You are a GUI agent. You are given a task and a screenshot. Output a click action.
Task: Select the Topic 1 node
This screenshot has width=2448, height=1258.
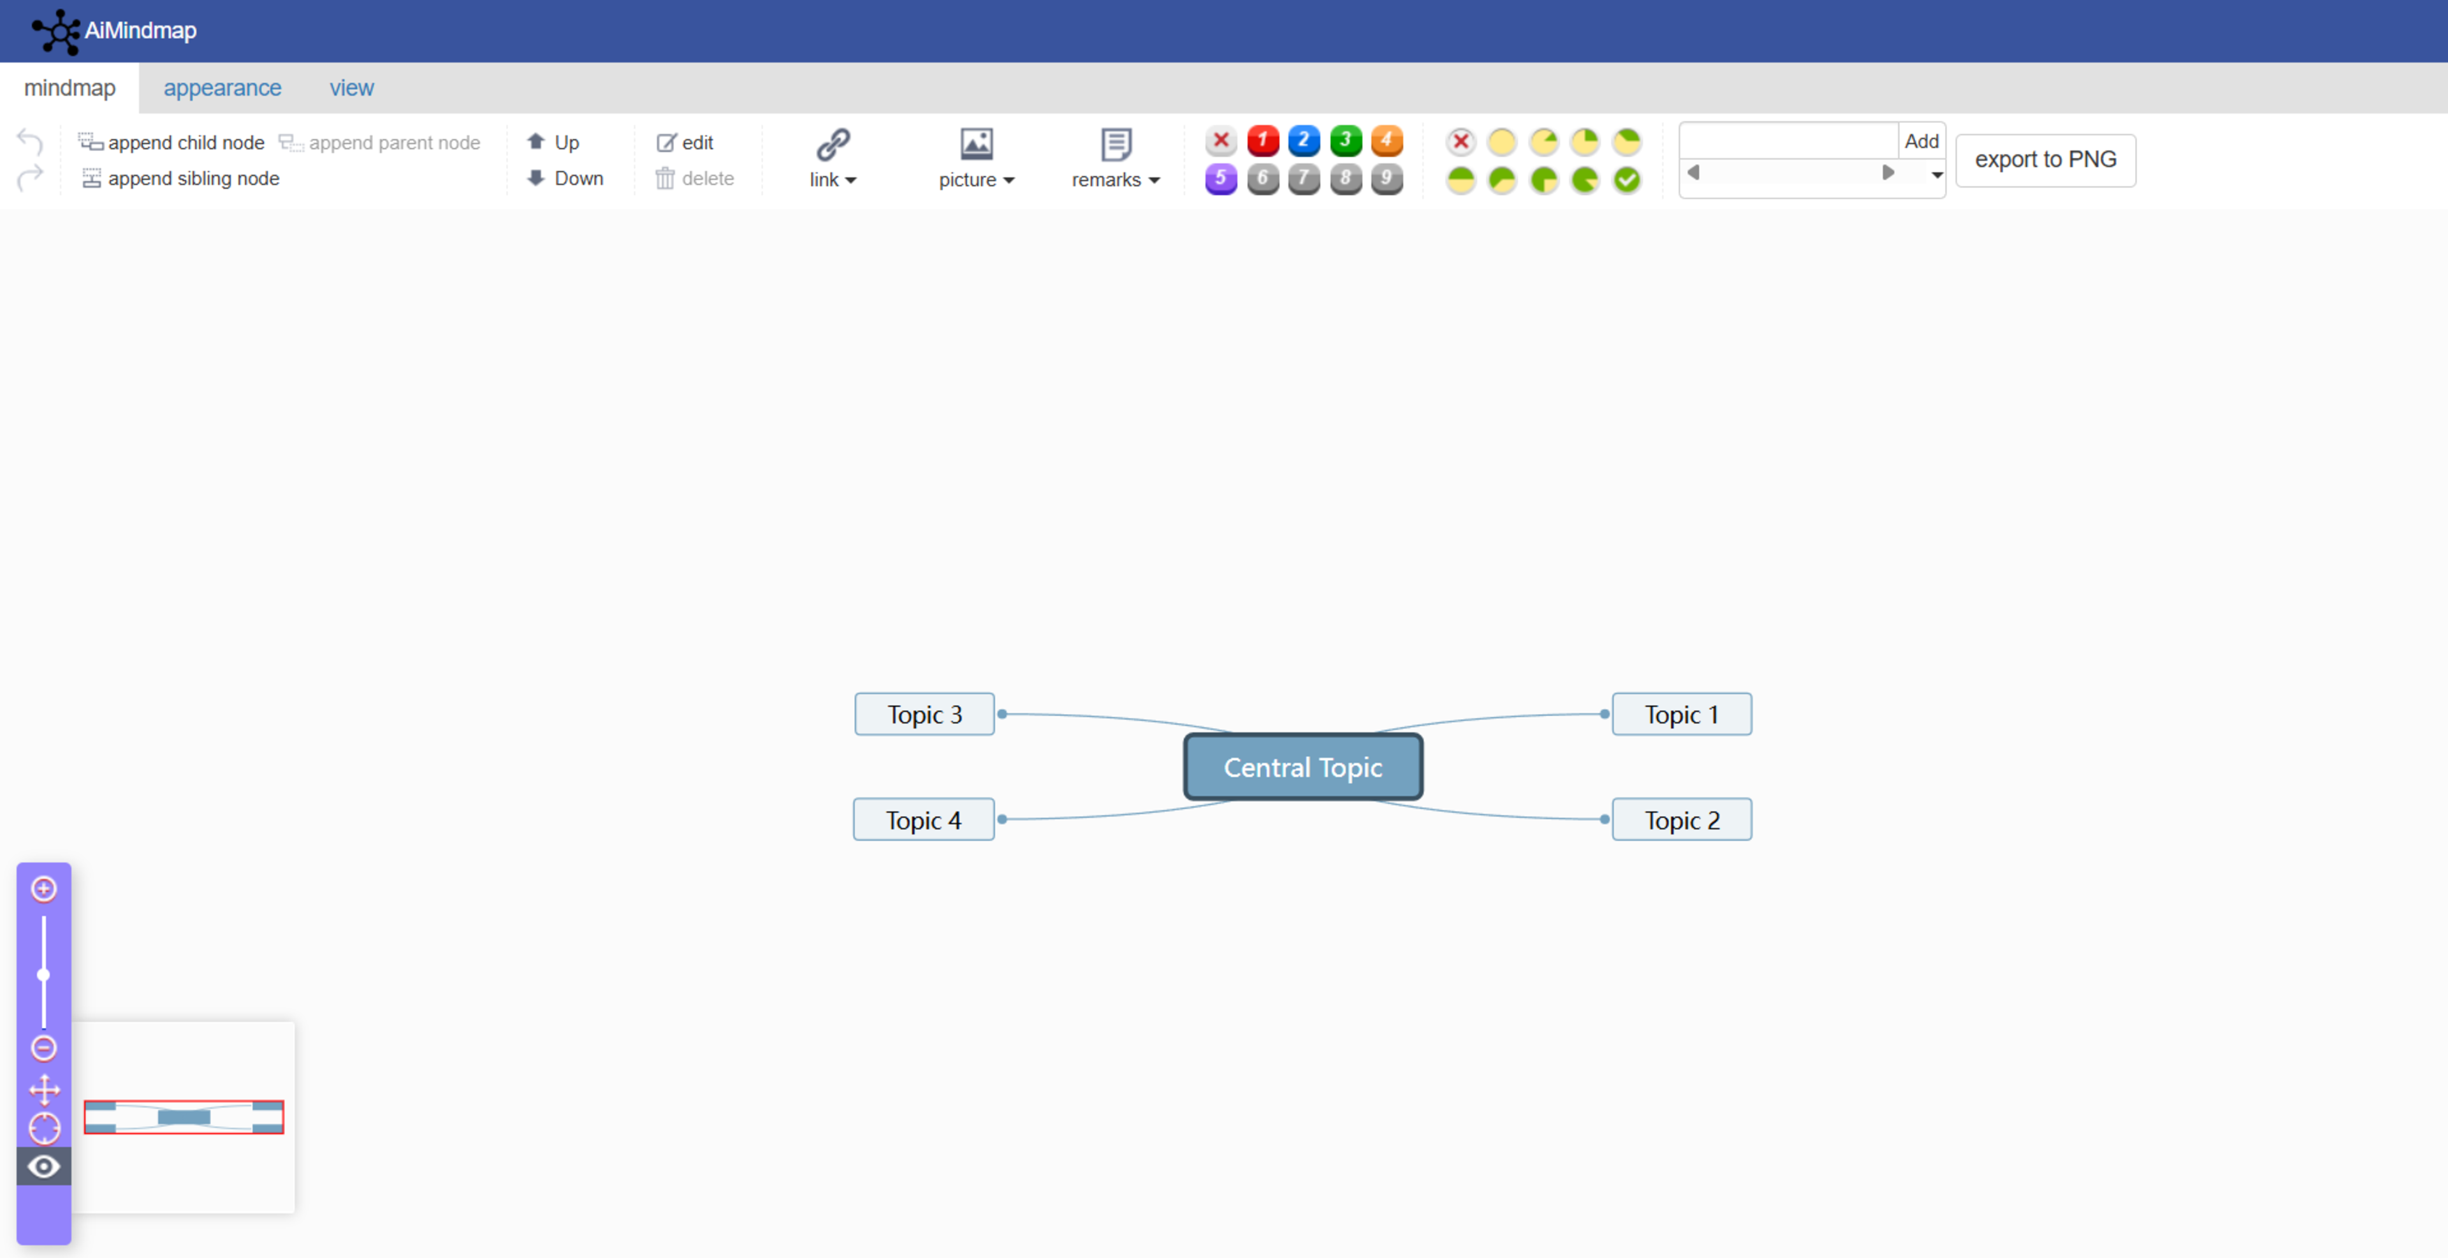pyautogui.click(x=1681, y=715)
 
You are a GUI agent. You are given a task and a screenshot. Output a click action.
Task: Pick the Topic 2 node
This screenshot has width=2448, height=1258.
pyautogui.click(x=1681, y=820)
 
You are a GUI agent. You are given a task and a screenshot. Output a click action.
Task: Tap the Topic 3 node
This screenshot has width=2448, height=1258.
pyautogui.click(x=924, y=715)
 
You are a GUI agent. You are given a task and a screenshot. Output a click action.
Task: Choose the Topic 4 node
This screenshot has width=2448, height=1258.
pyautogui.click(x=922, y=820)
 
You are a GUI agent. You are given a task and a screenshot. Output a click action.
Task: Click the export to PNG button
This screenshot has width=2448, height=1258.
pyautogui.click(x=2045, y=159)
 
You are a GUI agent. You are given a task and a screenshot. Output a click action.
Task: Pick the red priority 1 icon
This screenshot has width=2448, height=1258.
pyautogui.click(x=1262, y=141)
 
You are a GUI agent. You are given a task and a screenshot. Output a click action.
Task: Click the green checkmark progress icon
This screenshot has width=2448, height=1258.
pyautogui.click(x=1627, y=180)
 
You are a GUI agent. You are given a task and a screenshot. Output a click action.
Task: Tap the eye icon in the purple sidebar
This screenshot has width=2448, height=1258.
pyautogui.click(x=44, y=1166)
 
